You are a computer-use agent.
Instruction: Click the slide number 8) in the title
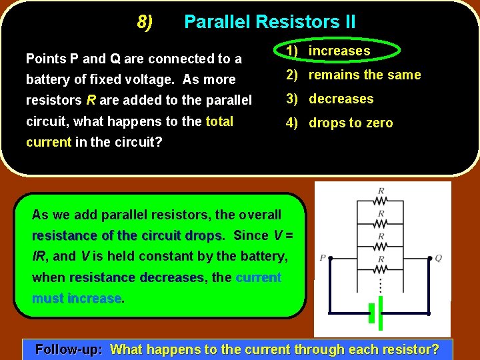coord(145,22)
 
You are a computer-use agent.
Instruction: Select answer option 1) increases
coord(328,51)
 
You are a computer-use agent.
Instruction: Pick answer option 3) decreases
coord(329,99)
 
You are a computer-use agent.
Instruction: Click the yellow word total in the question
coord(219,121)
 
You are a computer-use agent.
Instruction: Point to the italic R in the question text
coord(91,101)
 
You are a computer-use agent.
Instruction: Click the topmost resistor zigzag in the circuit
coord(381,201)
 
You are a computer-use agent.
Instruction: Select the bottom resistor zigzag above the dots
coord(381,269)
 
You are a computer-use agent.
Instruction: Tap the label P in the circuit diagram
coord(323,258)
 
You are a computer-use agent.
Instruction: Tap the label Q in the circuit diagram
coord(438,258)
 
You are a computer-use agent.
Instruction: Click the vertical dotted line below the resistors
coord(381,285)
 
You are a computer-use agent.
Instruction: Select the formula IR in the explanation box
coord(40,256)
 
